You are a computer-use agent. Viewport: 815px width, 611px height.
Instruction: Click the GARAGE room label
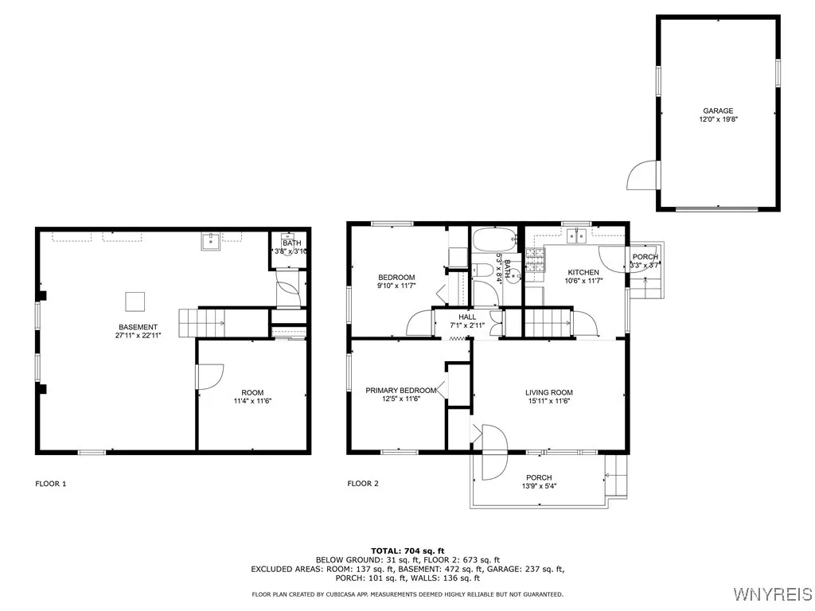pyautogui.click(x=718, y=111)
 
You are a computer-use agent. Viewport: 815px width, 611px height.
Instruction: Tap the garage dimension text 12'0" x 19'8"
pyautogui.click(x=719, y=119)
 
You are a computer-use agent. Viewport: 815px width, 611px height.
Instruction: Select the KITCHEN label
pyautogui.click(x=583, y=272)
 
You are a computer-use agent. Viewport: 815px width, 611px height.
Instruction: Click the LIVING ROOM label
pyautogui.click(x=549, y=393)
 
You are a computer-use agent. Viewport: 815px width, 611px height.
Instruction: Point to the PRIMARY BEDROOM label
pyautogui.click(x=401, y=391)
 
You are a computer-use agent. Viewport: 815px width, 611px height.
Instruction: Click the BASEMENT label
pyautogui.click(x=138, y=327)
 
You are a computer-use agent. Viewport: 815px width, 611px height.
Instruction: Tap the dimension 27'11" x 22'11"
pyautogui.click(x=138, y=336)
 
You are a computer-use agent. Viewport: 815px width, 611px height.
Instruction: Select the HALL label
pyautogui.click(x=467, y=317)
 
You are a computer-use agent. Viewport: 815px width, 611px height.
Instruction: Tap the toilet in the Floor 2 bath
pyautogui.click(x=482, y=270)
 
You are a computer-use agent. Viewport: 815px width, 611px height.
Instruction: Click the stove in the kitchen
pyautogui.click(x=535, y=260)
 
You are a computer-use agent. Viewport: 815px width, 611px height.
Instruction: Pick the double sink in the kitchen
pyautogui.click(x=576, y=235)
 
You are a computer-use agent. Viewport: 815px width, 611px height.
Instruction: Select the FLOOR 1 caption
pyautogui.click(x=51, y=484)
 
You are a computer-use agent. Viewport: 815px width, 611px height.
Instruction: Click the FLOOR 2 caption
pyautogui.click(x=363, y=484)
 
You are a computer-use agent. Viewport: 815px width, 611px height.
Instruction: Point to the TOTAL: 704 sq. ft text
pyautogui.click(x=407, y=551)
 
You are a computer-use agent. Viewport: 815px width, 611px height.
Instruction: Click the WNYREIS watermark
pyautogui.click(x=773, y=593)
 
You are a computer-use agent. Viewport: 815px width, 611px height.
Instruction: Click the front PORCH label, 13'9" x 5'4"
pyautogui.click(x=539, y=481)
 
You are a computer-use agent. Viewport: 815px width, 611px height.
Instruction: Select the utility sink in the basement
pyautogui.click(x=211, y=241)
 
